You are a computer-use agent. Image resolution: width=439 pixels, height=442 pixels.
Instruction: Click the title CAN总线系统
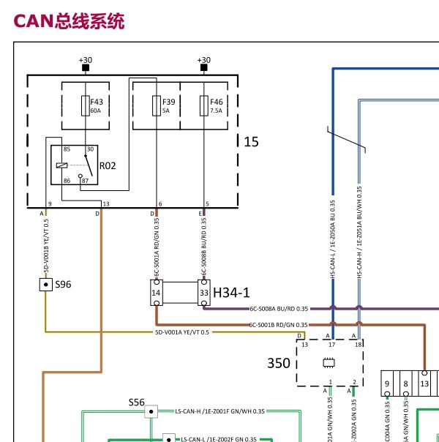click(69, 20)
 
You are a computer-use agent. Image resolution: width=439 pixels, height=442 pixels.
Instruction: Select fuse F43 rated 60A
click(86, 106)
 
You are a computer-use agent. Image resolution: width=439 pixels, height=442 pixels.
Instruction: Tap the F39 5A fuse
click(156, 106)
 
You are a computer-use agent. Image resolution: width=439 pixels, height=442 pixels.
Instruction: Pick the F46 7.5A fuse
click(204, 106)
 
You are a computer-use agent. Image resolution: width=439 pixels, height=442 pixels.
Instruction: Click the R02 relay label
click(108, 166)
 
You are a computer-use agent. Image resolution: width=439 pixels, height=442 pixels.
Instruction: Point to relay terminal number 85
click(67, 149)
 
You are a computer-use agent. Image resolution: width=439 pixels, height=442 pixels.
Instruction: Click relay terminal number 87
click(85, 180)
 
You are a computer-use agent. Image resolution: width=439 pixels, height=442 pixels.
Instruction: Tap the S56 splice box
click(151, 412)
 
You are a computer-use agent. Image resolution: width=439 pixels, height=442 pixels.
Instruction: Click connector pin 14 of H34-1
click(156, 293)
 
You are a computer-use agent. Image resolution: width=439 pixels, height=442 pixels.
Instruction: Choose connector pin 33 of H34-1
click(203, 293)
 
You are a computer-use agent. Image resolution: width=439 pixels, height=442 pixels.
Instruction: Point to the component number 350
click(279, 362)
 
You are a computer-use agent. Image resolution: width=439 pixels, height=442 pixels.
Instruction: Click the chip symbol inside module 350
click(329, 362)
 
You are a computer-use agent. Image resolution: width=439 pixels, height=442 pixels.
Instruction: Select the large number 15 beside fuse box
click(251, 142)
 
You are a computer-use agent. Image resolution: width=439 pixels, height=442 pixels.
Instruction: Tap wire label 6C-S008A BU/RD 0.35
click(279, 309)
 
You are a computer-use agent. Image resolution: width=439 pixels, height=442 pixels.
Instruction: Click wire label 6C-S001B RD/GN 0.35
click(279, 324)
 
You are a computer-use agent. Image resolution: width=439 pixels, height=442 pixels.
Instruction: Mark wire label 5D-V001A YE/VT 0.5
click(181, 332)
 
